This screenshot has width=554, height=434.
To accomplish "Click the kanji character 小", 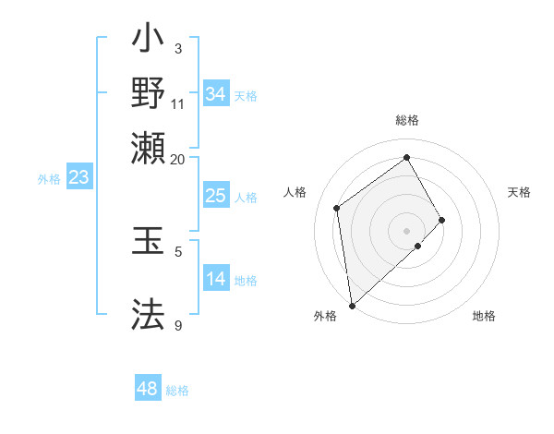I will pos(149,42).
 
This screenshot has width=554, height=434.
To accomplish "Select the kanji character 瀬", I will pos(149,148).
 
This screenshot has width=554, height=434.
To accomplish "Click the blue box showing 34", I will pos(215,94).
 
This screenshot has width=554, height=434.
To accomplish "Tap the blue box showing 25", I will pos(215,196).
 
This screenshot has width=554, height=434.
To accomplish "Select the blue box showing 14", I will pos(215,279).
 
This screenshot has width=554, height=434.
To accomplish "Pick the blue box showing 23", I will pos(78,177).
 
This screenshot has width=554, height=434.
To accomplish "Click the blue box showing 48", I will pos(148,389).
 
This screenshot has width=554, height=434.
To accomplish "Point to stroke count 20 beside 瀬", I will pos(177,159).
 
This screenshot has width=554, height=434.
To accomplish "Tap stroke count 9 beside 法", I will pos(178,325).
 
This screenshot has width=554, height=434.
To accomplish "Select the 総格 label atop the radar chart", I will pos(406,120).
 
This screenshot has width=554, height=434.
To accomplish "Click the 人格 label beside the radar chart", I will pos(295,192).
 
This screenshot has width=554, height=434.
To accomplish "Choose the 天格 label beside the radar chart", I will pos(519,192).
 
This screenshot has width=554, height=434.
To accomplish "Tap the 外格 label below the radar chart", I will pos(325,316).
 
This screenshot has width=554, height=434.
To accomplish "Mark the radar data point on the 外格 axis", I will pos(352,305).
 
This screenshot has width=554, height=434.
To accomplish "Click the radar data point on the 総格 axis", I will pos(406,157).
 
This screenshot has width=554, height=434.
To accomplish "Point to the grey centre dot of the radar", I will pos(406,230).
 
